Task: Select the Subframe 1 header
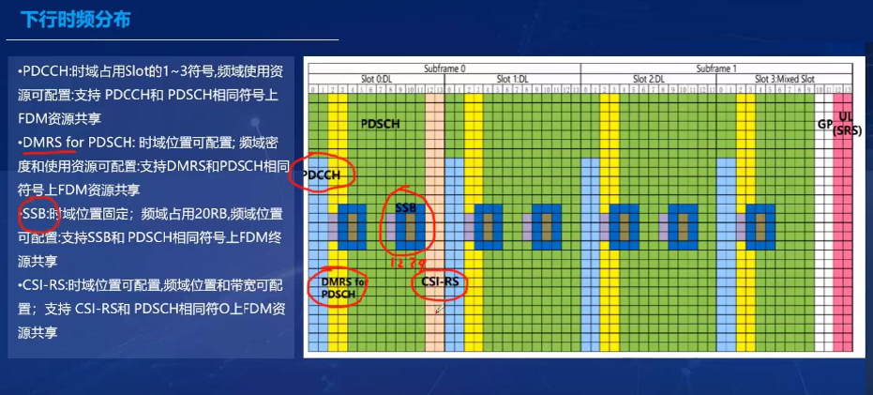(x=716, y=68)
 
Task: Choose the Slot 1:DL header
(x=513, y=78)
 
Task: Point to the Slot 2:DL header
(x=648, y=78)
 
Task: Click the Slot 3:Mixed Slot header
(x=783, y=78)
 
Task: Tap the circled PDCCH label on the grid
(x=327, y=175)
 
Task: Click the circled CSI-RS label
(x=439, y=281)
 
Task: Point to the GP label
(x=825, y=124)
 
